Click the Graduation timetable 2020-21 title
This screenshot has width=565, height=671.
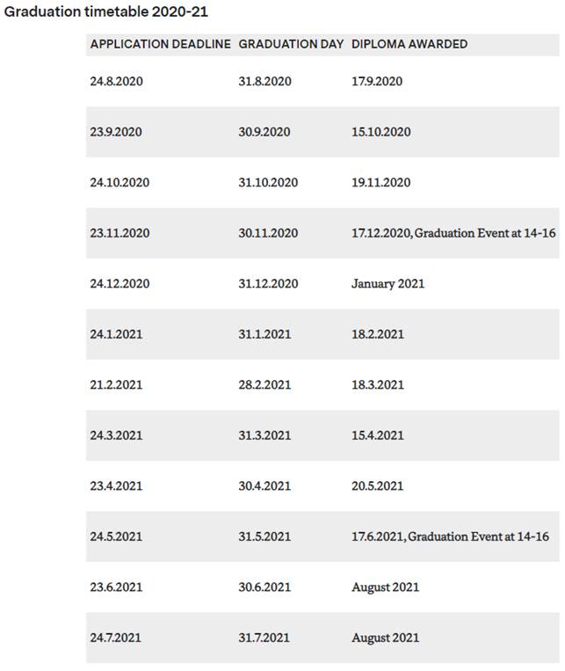point(106,13)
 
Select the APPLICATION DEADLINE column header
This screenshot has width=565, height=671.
point(161,44)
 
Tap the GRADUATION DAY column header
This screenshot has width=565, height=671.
point(291,44)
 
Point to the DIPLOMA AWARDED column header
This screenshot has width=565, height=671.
point(409,44)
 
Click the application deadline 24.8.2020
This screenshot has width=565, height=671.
point(116,81)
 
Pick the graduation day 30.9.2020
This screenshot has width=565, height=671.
point(264,132)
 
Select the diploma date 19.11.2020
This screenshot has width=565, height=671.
point(381,183)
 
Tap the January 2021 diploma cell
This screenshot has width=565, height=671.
point(388,283)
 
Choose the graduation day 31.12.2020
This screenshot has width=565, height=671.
point(268,283)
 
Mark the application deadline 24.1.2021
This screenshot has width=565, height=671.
point(116,334)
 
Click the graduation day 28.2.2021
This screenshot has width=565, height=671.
point(264,384)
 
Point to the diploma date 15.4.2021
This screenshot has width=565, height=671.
point(378,435)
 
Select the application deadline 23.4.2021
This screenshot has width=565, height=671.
point(116,485)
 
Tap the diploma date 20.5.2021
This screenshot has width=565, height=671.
point(378,485)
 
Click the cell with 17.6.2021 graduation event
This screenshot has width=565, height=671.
point(450,536)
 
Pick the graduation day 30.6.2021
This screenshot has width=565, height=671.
point(264,587)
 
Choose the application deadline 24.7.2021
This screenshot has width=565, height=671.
point(116,638)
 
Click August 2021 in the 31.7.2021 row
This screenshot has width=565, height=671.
point(385,638)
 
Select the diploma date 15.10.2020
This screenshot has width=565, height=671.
point(381,132)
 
